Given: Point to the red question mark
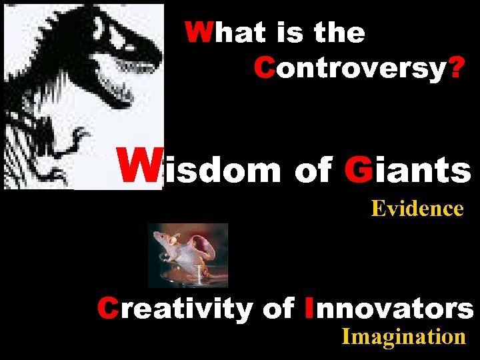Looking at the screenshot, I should [x=457, y=67].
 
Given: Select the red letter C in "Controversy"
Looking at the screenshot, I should [x=263, y=67].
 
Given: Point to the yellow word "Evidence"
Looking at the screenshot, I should [x=417, y=209].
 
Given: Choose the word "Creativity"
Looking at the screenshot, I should [x=174, y=308].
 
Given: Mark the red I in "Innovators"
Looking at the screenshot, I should [x=307, y=308].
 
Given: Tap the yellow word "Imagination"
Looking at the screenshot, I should [x=403, y=337].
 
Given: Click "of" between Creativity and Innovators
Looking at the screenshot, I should [x=278, y=308].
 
